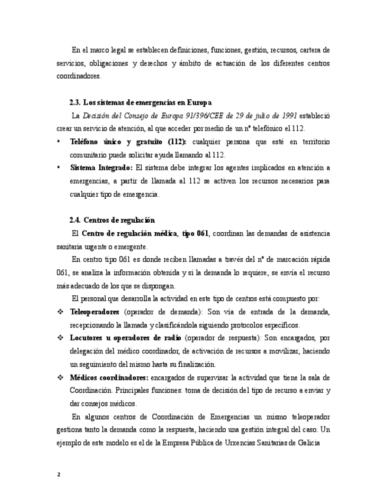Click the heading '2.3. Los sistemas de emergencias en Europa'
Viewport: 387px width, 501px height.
tap(140, 102)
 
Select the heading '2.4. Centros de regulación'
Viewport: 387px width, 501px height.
tap(112, 220)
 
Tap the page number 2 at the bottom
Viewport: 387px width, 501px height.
tap(58, 474)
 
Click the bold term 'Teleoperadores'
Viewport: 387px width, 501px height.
tap(95, 311)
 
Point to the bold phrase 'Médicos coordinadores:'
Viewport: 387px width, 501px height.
tap(109, 378)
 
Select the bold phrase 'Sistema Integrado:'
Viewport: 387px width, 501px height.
tap(101, 168)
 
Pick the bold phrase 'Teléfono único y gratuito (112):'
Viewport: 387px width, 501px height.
tap(128, 142)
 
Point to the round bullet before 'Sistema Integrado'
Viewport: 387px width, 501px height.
tap(58, 168)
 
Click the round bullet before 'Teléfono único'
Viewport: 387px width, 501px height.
tap(58, 142)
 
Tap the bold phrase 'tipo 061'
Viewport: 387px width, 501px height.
tap(196, 233)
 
